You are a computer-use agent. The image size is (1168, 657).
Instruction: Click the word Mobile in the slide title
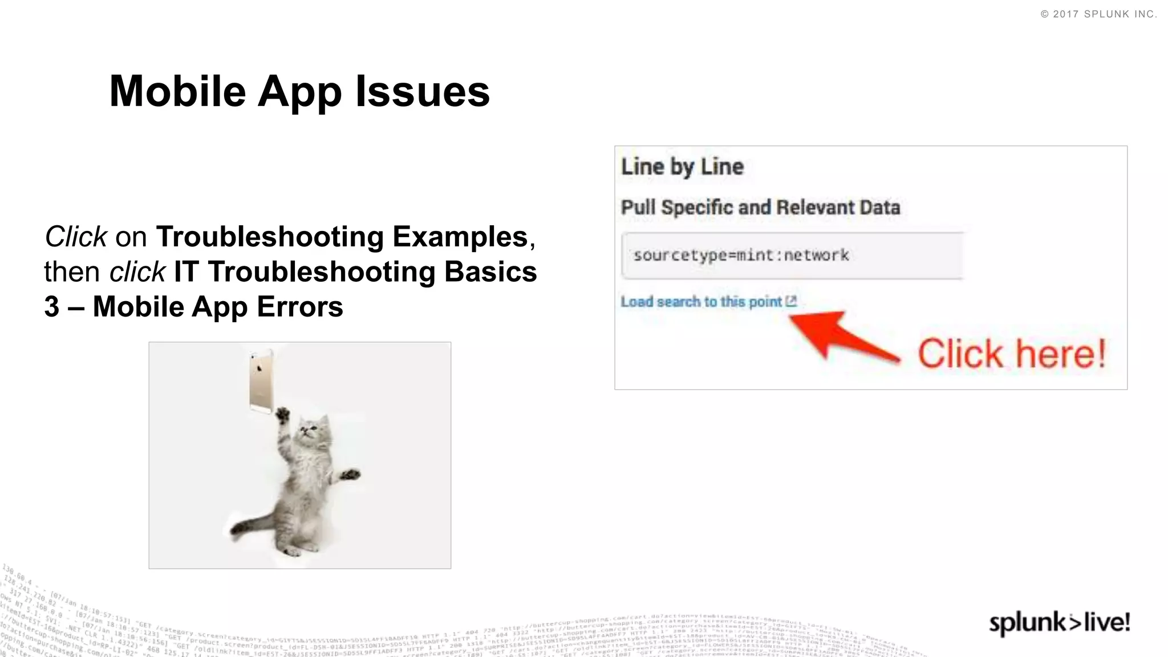coord(177,91)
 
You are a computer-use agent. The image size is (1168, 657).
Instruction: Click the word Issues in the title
coord(423,91)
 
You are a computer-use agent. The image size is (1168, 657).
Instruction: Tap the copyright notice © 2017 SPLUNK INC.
coord(1098,14)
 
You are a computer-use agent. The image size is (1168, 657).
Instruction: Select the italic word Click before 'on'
coord(76,237)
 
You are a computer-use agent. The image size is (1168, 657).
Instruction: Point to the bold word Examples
coord(460,237)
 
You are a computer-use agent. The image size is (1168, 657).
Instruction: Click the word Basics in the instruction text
coord(490,271)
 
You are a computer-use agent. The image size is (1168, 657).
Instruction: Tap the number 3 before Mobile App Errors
coord(52,307)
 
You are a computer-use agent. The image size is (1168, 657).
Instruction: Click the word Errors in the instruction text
coord(300,307)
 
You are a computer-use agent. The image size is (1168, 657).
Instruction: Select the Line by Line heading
coord(682,167)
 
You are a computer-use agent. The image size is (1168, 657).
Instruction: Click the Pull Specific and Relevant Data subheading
coord(760,207)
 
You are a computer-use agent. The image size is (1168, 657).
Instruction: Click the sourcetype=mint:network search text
coord(741,255)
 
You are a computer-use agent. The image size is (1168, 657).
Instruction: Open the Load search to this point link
coord(701,302)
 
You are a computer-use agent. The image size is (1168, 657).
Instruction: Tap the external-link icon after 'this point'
coord(791,301)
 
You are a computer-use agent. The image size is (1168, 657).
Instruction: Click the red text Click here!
coord(1012,354)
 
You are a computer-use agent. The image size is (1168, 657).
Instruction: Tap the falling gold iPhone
coord(261,381)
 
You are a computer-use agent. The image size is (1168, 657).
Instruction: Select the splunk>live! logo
coord(1059,622)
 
